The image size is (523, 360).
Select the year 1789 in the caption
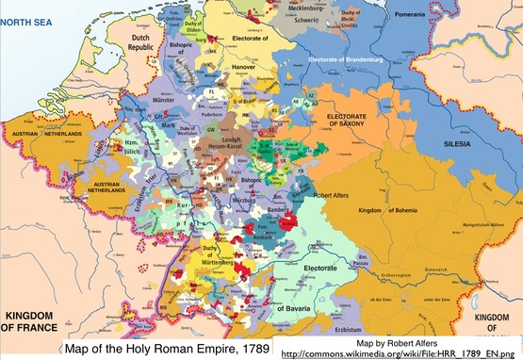click(248, 348)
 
